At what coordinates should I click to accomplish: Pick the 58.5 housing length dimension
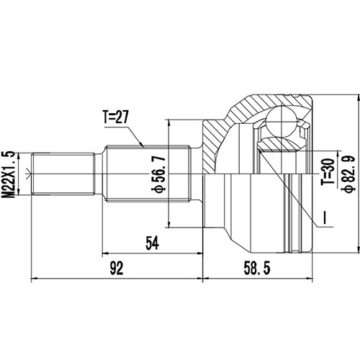(x=256, y=269)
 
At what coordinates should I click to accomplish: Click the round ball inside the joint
(x=282, y=119)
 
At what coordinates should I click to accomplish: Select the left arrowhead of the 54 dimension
(x=107, y=253)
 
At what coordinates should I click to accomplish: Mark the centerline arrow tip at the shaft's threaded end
(x=27, y=173)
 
